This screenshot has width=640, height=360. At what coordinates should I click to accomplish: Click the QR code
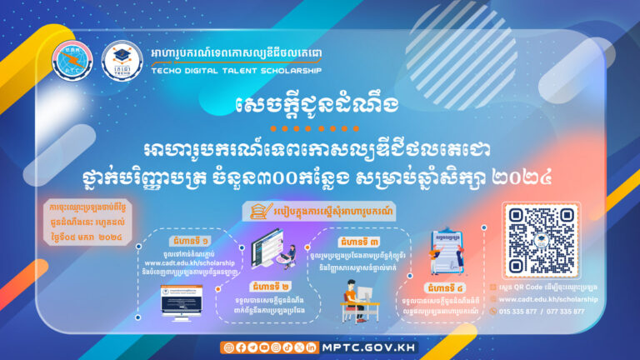(x=542, y=241)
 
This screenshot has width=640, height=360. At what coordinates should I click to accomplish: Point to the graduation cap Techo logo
(x=122, y=60)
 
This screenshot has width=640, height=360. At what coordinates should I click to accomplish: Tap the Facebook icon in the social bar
(x=241, y=346)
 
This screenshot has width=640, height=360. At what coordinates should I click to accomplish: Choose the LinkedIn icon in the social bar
(x=312, y=346)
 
